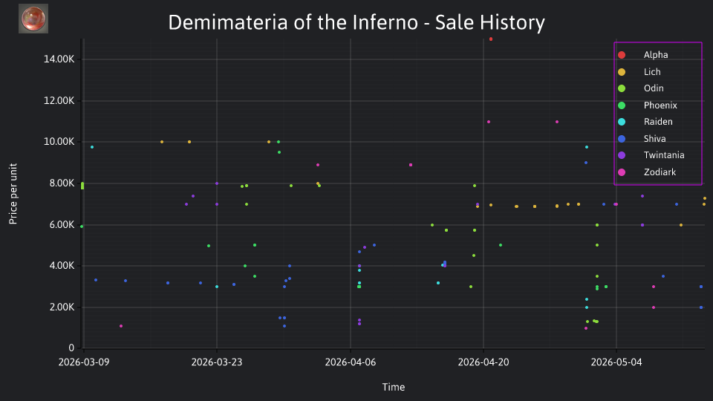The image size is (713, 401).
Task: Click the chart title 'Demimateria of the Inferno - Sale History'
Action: [356, 22]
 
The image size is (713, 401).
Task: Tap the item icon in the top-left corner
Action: [33, 19]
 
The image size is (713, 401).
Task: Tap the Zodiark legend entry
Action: [647, 172]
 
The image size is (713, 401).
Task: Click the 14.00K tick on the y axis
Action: [59, 59]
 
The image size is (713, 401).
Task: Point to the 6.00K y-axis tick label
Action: [59, 224]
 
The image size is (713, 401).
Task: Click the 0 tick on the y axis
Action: [71, 348]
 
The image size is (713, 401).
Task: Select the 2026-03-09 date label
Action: [84, 362]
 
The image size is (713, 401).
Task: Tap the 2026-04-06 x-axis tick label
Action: [350, 362]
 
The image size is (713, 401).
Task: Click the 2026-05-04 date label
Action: [616, 362]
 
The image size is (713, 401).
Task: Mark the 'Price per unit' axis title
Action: [13, 194]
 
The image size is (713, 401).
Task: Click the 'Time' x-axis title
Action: [394, 387]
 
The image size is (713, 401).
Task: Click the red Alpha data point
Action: [491, 39]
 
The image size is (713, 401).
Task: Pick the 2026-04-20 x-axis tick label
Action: [484, 362]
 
